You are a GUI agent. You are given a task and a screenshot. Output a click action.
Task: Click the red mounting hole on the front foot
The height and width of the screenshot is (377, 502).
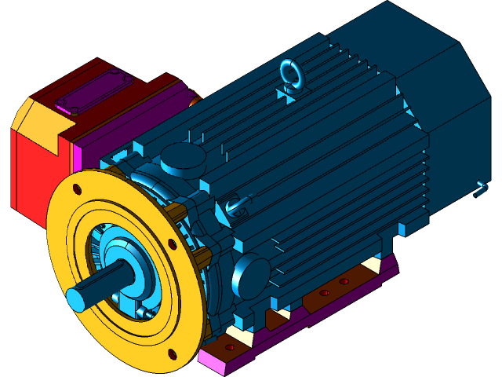coord(230,346)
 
